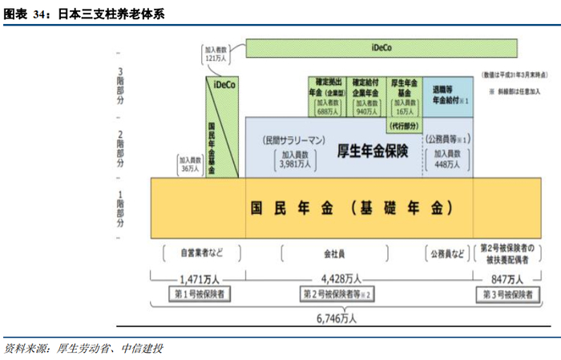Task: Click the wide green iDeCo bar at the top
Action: (x=381, y=48)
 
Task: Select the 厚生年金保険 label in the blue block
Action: (x=373, y=150)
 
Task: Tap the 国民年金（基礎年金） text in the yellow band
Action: (x=353, y=208)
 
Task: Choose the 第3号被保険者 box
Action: (x=507, y=294)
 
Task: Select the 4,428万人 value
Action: (x=339, y=279)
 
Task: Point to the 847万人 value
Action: (x=507, y=279)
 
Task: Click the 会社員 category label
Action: (x=334, y=254)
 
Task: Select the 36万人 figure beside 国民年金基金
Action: (x=190, y=168)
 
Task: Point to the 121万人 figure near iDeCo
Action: (x=215, y=59)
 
